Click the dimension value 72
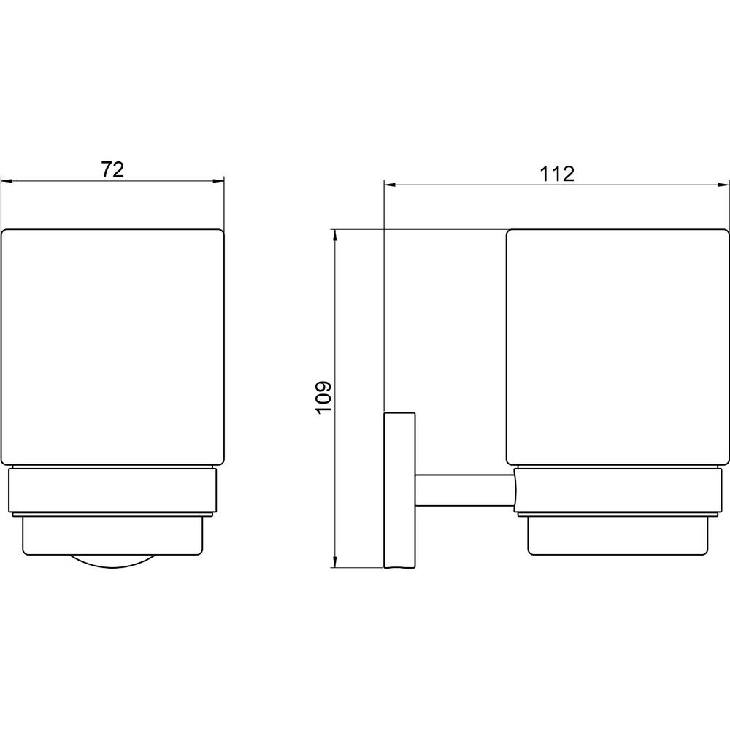pyautogui.click(x=112, y=170)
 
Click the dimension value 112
pyautogui.click(x=557, y=174)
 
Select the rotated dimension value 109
pyautogui.click(x=323, y=396)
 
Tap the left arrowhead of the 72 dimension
pyautogui.click(x=7, y=182)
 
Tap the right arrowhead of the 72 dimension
pyautogui.click(x=218, y=182)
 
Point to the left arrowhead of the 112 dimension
pyautogui.click(x=389, y=185)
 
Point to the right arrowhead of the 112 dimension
pyautogui.click(x=723, y=185)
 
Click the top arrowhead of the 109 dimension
pyautogui.click(x=334, y=235)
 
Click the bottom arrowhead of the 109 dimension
pyautogui.click(x=334, y=562)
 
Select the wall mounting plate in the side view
pyautogui.click(x=399, y=491)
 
